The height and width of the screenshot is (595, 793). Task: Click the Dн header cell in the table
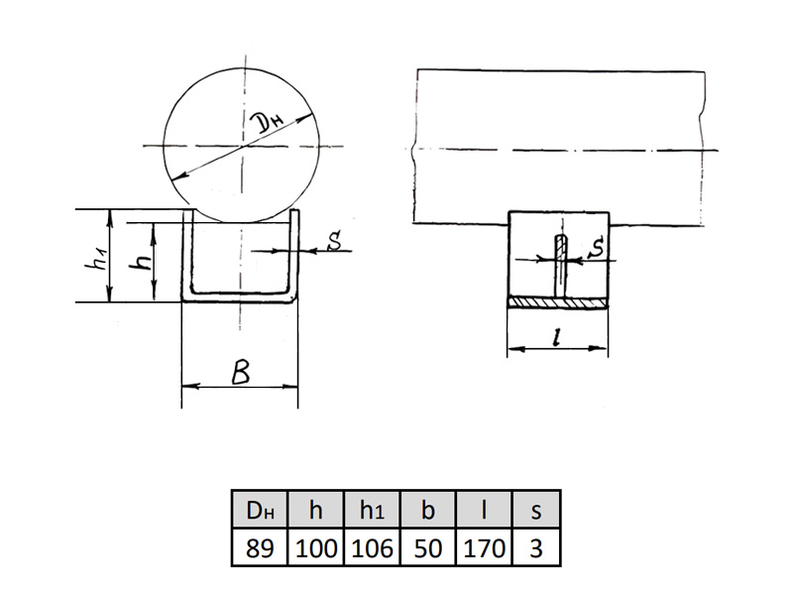coord(260,510)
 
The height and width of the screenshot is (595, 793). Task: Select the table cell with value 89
coord(260,548)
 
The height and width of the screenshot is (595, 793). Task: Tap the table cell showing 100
coord(315,548)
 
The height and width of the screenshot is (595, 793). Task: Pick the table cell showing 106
coord(372,548)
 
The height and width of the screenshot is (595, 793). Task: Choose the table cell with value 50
coord(428,548)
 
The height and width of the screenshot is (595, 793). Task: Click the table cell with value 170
coord(484,548)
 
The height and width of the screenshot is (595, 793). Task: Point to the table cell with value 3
coord(536,548)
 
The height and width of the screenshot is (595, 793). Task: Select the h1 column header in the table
coord(372,510)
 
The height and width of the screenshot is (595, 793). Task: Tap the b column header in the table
coord(428,510)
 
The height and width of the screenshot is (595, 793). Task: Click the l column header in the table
coord(484,510)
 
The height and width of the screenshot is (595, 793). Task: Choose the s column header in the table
coord(536,510)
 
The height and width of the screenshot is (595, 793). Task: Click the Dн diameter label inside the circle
coord(267,122)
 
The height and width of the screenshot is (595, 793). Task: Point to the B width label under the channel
coord(241,373)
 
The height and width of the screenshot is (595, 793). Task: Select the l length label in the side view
coord(557,336)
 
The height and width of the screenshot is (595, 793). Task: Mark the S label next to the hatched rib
coord(598,247)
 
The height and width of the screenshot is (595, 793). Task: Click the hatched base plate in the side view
coord(558,302)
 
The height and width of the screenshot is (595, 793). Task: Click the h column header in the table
coord(315,510)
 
